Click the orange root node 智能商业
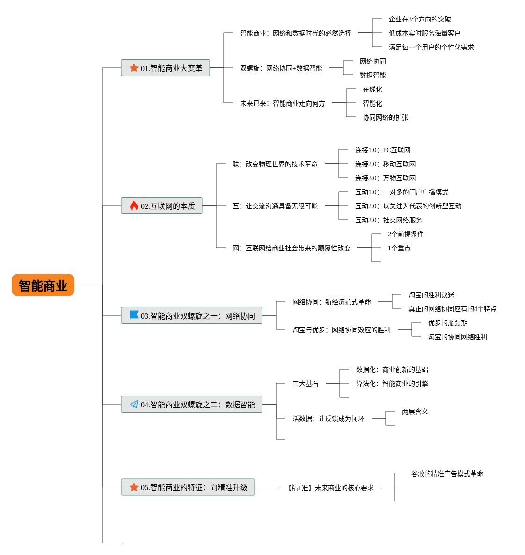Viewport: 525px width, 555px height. click(43, 285)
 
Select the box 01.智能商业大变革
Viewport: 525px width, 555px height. click(165, 68)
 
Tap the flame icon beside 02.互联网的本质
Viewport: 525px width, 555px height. click(134, 206)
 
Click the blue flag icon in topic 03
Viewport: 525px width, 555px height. click(134, 315)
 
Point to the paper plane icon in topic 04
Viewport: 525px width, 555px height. click(134, 404)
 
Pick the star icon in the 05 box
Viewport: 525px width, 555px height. click(134, 487)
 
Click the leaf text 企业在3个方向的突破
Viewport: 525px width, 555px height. click(420, 19)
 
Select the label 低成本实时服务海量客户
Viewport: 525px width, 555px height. click(424, 33)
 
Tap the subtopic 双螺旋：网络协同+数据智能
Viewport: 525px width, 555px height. click(281, 68)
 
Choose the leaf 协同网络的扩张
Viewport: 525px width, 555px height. click(386, 118)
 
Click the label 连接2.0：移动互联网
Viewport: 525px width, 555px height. click(386, 164)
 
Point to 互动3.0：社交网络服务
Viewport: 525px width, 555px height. click(388, 220)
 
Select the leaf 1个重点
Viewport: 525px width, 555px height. click(399, 248)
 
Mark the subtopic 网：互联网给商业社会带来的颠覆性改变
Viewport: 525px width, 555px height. click(292, 248)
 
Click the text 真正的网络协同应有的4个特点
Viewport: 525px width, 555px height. click(452, 309)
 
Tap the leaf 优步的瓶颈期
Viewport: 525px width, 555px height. click(448, 323)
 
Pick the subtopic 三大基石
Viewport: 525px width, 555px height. click(305, 384)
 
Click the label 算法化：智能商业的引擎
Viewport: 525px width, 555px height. click(392, 384)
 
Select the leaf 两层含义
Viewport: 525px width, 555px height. click(415, 412)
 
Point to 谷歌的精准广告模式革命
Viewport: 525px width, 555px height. click(447, 474)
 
